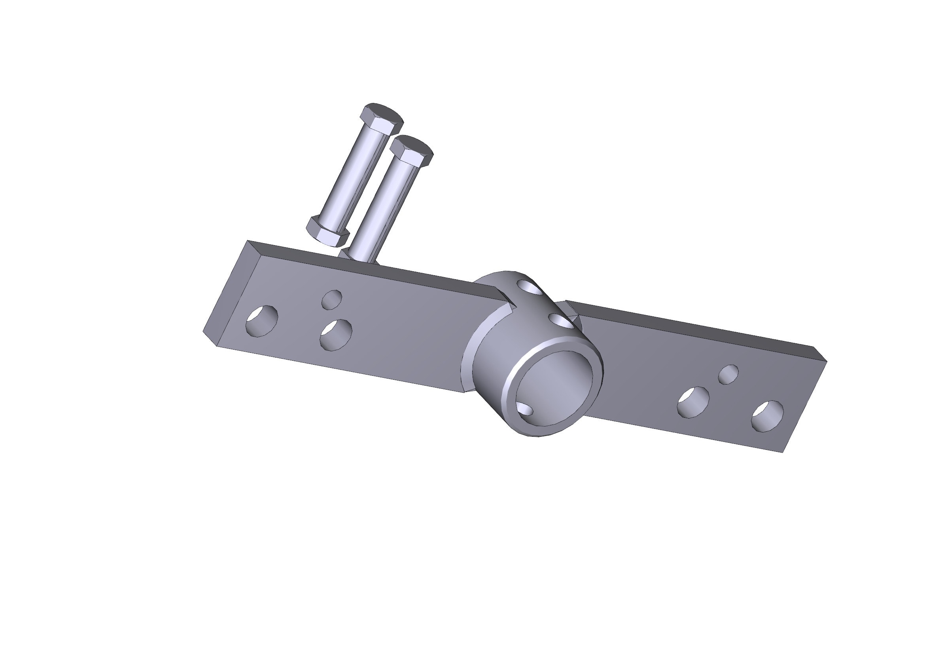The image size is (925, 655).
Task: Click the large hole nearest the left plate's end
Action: pos(262,321)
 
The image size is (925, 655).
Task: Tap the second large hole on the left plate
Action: pos(336,335)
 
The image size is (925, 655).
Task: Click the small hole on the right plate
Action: pos(729,374)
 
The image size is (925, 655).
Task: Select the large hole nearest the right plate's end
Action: pos(768,416)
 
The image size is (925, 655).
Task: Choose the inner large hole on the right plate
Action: pos(693,402)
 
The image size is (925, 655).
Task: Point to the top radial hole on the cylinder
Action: pos(530,287)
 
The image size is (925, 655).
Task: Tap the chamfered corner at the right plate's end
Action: pos(820,354)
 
